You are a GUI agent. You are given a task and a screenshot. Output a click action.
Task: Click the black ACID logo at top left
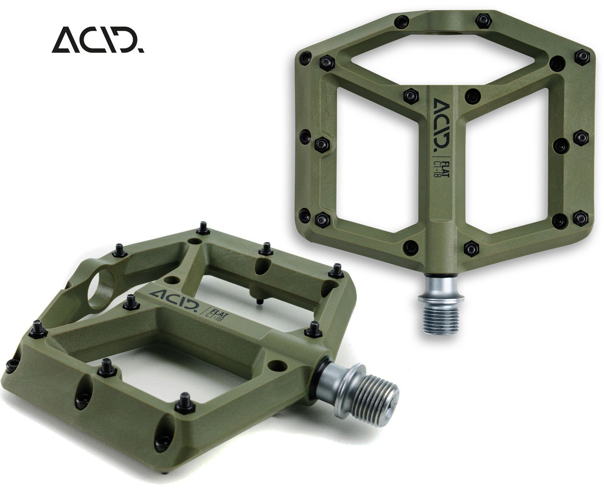tap(98, 40)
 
